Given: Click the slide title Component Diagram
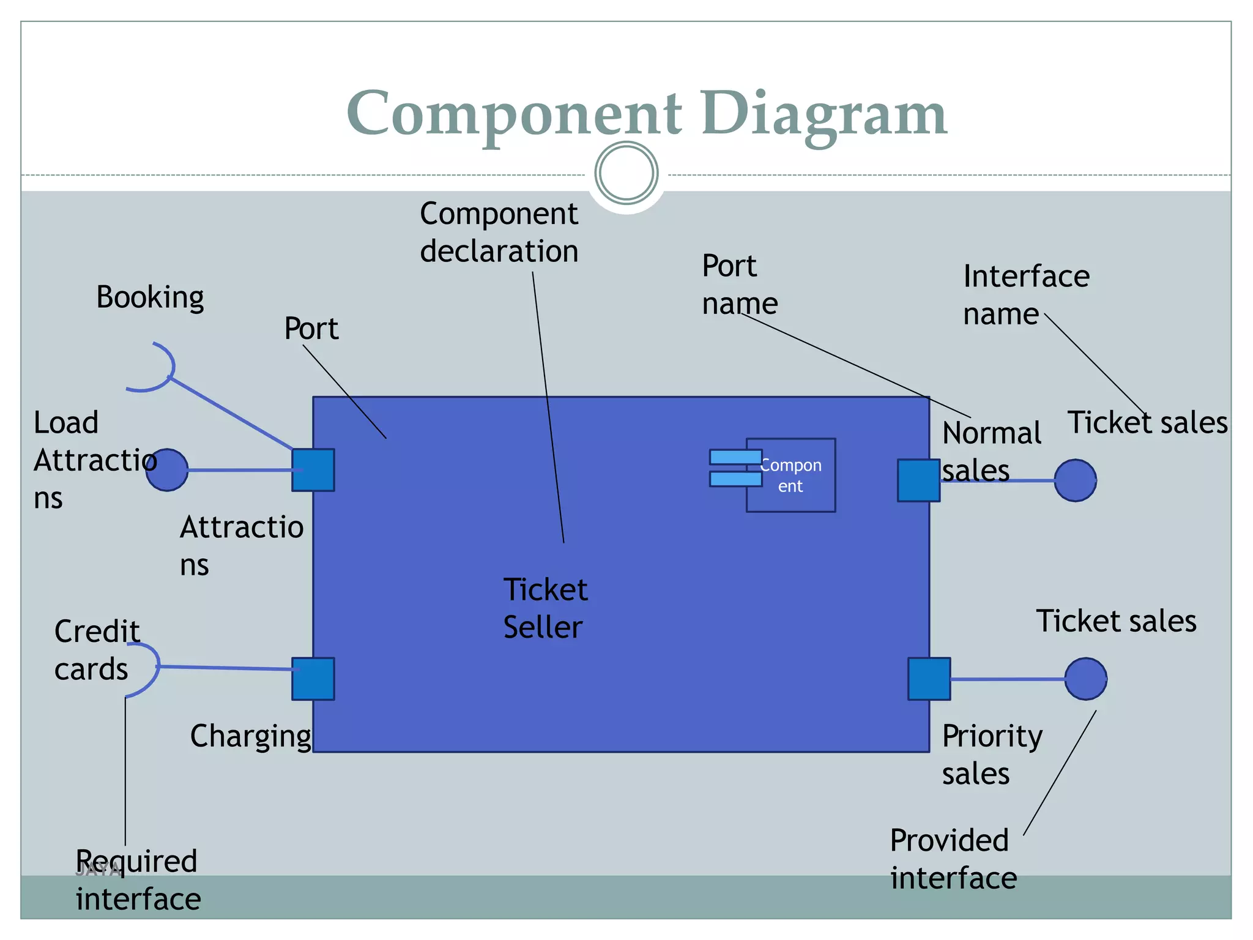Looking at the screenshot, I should pos(646,113).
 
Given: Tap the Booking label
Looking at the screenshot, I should pos(150,298).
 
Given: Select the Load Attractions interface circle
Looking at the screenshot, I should pos(167,470).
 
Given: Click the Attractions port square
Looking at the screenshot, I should pos(313,470).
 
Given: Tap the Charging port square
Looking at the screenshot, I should pos(313,679).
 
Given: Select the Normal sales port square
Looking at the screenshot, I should pos(918,480).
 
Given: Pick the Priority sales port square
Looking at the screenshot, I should pos(929,679).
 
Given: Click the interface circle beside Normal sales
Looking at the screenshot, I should pos(1075,480).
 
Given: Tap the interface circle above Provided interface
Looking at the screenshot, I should pos(1085,679).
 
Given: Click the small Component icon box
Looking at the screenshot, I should pos(790,476).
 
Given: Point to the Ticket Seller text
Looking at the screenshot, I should pos(545,608).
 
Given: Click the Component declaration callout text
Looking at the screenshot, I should pos(499,233).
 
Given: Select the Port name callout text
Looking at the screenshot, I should pos(739,285).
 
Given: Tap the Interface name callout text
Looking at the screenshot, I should pos(1025,295).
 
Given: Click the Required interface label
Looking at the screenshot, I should pos(138,880).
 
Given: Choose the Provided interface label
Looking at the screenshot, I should pos(953,859).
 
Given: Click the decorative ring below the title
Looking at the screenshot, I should pos(626,173).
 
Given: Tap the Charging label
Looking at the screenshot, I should pos(250,736).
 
